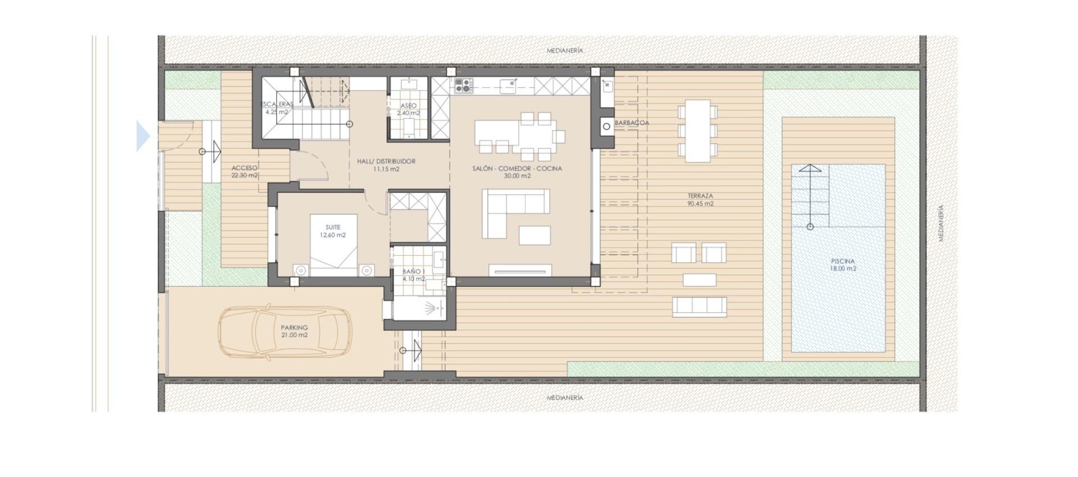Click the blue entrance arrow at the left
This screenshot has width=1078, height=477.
143,136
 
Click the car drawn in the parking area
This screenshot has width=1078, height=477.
285,332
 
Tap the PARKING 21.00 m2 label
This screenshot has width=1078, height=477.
294,331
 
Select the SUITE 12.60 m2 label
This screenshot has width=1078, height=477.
333,231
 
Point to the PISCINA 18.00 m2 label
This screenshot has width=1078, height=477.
843,265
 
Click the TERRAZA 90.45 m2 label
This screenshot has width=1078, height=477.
700,200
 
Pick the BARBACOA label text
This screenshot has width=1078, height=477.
632,123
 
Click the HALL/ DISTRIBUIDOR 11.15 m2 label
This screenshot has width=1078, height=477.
386,165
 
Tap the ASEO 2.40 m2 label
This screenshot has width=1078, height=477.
409,109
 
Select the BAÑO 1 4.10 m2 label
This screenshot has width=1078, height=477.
414,275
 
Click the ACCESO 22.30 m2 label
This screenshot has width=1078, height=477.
245,172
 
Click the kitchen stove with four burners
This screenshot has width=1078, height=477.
464,86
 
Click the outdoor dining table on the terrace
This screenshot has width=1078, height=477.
697,130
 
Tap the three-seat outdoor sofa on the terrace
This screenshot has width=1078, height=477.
700,306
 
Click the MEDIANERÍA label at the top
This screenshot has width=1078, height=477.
565,51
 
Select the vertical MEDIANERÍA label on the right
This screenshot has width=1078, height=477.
941,223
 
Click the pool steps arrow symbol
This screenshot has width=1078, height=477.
810,196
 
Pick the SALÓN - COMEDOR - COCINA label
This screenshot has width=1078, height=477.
517,172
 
